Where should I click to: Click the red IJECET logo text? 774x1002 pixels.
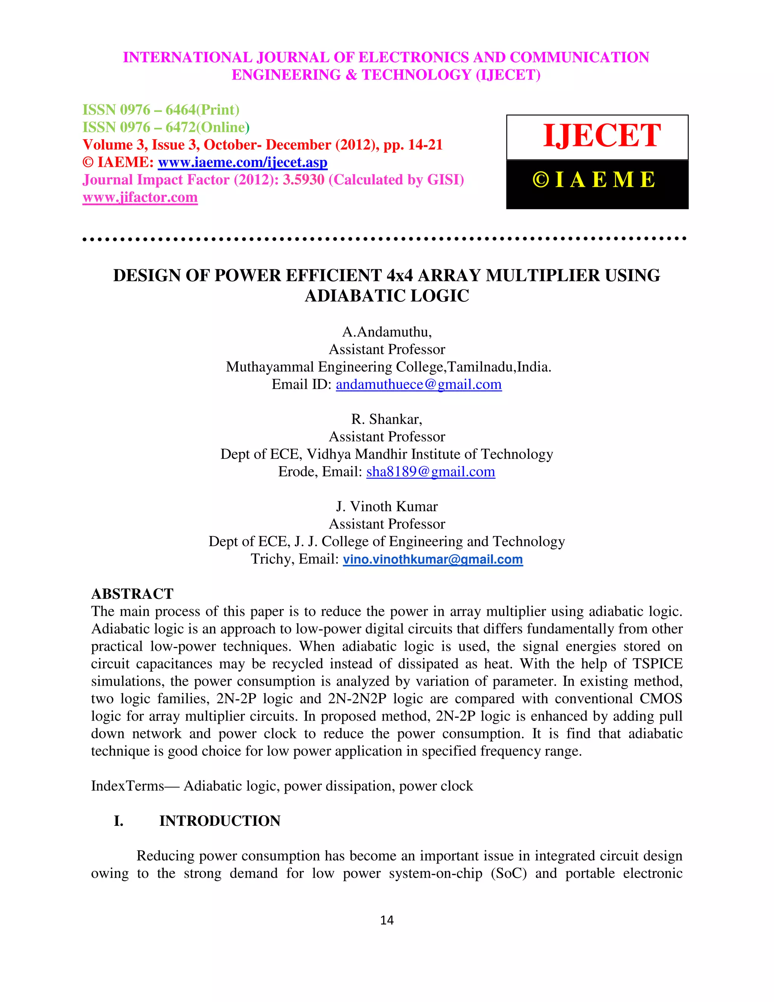602,136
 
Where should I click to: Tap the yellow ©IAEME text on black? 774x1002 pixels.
594,179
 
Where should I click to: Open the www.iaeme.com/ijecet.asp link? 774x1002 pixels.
243,163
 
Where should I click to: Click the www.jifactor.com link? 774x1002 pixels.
140,197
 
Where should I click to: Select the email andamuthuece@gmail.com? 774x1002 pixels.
419,385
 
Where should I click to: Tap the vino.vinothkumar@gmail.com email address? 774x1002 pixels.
433,559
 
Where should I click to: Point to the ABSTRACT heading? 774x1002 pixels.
132,594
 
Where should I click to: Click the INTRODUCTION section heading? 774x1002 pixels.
220,821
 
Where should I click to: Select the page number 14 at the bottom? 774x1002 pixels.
387,920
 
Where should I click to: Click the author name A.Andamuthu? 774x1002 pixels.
386,332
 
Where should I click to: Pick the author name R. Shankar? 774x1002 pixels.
386,419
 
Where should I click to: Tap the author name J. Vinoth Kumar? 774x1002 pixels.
387,507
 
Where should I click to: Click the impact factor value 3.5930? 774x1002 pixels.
303,180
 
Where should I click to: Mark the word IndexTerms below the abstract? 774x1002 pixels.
127,786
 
